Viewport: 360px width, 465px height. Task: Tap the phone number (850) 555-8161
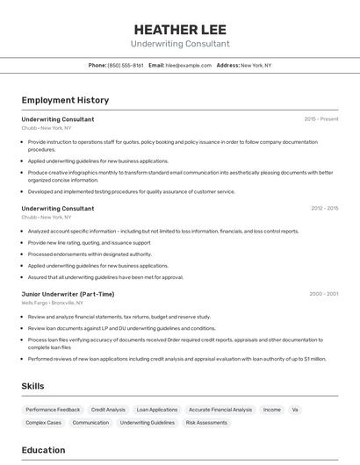[126, 65]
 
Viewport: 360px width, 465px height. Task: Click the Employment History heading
[65, 100]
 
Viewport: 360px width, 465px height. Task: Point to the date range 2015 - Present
[320, 119]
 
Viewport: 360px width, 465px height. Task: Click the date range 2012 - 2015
[324, 209]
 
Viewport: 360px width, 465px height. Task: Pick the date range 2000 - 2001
[323, 294]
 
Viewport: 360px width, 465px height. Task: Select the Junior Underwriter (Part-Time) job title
[68, 294]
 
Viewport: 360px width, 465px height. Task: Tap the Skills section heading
[33, 386]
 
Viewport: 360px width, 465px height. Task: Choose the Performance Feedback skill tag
[53, 410]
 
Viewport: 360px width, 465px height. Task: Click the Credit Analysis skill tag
[108, 410]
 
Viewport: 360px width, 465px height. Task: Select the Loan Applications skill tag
[156, 410]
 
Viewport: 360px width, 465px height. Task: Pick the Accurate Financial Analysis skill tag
[220, 410]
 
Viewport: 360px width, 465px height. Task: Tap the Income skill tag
[272, 410]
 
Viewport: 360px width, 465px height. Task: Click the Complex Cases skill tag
[43, 423]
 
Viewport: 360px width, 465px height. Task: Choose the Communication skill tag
[90, 423]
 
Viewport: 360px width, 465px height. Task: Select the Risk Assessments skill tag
[206, 423]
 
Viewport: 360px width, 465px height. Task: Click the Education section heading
[43, 450]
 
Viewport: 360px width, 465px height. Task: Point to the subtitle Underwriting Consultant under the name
[179, 44]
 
